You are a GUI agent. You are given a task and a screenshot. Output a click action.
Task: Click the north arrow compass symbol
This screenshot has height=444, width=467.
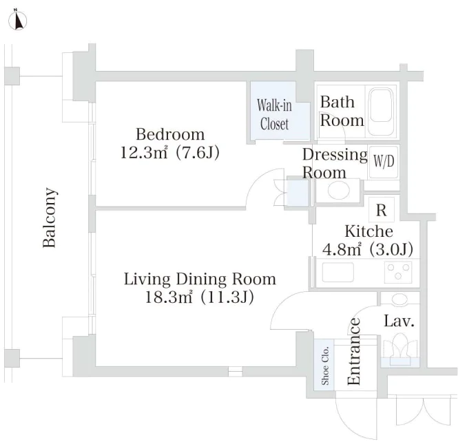click(18, 20)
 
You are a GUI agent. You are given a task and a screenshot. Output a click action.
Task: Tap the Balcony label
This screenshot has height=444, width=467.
click(50, 218)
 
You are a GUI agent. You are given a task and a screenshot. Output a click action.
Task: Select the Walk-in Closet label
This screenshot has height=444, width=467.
click(274, 114)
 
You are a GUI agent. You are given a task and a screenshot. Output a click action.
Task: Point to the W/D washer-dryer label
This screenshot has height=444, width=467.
click(384, 161)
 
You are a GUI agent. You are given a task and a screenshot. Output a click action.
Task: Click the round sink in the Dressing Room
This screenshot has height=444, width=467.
click(339, 190)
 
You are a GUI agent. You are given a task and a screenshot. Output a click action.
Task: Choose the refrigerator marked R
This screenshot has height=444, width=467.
click(382, 210)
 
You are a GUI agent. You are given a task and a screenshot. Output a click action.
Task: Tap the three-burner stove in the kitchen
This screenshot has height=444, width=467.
click(398, 272)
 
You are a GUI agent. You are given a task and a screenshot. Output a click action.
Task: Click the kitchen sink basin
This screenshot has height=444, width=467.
click(338, 272)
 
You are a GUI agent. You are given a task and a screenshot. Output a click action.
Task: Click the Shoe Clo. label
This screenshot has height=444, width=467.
click(325, 366)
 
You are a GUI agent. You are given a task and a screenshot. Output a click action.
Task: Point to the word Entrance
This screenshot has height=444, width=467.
click(354, 352)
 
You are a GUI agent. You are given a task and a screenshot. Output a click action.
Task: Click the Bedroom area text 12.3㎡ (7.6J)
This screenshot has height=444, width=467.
click(169, 153)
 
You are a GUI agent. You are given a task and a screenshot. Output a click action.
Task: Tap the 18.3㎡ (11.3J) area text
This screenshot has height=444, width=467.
click(199, 297)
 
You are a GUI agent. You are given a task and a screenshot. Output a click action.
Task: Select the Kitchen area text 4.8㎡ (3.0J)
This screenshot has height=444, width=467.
click(368, 249)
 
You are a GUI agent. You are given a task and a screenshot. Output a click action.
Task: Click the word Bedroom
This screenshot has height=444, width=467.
click(170, 134)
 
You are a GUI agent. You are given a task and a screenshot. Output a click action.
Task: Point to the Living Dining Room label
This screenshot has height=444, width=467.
click(200, 279)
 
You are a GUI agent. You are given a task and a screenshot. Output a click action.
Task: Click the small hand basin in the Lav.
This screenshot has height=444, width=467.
click(399, 299)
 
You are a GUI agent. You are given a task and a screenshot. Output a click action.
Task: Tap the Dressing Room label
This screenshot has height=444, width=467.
click(335, 163)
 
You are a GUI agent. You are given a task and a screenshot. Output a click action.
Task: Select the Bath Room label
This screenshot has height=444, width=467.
click(342, 111)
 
